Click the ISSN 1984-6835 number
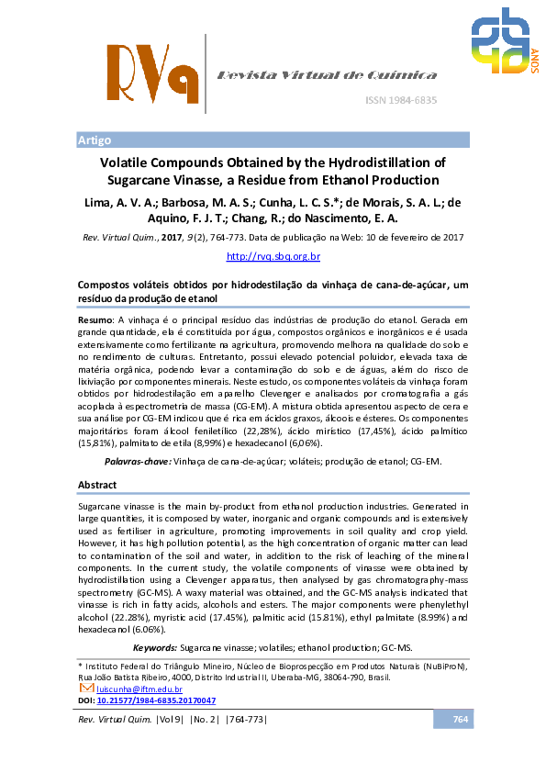(402, 99)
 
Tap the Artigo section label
(95, 140)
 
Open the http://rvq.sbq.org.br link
(273, 256)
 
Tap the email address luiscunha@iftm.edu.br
(139, 689)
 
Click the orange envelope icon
(87, 688)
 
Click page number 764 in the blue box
(461, 719)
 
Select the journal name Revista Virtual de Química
(326, 75)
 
